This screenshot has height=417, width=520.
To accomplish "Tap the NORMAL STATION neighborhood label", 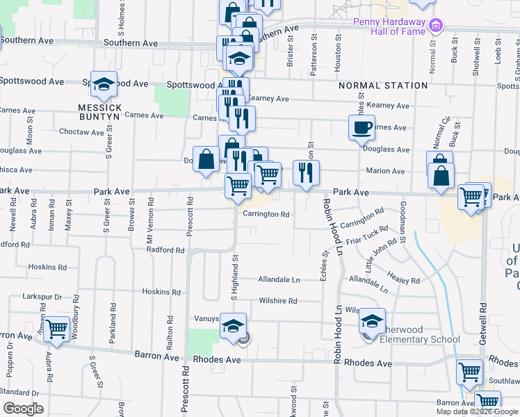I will pos(383,85).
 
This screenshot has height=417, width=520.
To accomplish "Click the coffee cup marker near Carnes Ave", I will pos(361,129).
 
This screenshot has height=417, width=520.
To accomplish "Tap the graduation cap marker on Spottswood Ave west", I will pos(104,85).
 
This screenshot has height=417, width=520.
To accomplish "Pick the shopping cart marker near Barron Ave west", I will pos(56,328).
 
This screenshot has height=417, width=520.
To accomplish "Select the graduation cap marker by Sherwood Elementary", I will pos(372,321).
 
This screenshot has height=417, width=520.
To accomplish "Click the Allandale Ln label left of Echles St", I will pos(279,280).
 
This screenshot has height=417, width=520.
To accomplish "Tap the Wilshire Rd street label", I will pos(278,301).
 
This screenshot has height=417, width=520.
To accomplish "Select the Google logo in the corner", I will pos(23,409).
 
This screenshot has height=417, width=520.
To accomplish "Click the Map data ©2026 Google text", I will pos(477,411).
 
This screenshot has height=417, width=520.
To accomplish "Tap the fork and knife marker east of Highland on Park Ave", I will pos(305,173).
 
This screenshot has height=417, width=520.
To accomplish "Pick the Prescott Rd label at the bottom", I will pos(186,389).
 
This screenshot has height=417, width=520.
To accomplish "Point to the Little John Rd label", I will pos(380,256).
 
